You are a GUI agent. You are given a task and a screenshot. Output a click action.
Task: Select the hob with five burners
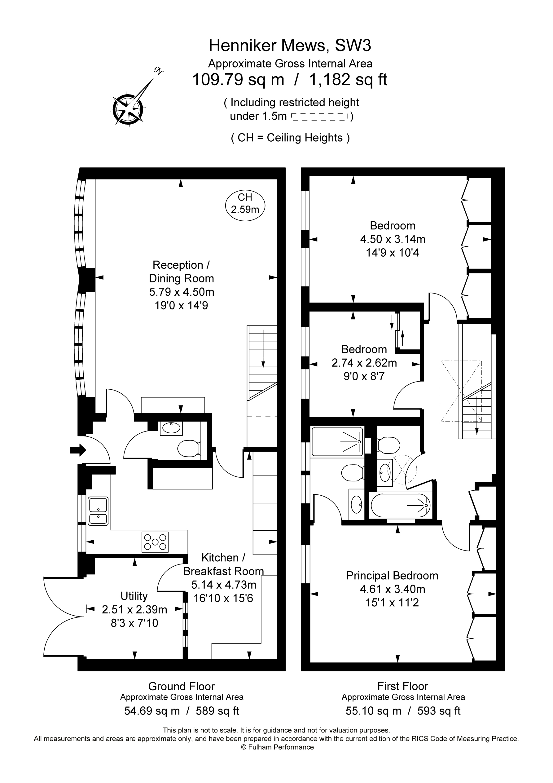coord(155,542)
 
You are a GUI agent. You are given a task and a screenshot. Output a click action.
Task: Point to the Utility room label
coord(134,596)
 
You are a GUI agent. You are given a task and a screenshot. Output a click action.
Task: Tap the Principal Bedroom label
coord(392,576)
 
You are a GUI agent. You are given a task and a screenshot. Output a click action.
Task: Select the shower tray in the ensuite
coord(337,442)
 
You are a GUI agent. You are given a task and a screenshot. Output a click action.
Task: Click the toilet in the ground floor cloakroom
coord(188,448)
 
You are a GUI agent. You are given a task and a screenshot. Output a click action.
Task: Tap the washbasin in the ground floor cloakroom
coord(171,428)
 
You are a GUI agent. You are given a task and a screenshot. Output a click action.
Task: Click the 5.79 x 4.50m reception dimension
coord(181,292)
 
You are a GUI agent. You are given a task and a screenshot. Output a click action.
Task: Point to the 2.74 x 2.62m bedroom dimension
coord(364,363)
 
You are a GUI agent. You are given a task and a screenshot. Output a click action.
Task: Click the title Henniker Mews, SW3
coord(289,45)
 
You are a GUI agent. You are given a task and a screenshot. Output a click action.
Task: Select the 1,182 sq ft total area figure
coord(348,80)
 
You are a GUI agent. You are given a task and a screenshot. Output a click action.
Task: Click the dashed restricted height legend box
coord(319,117)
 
